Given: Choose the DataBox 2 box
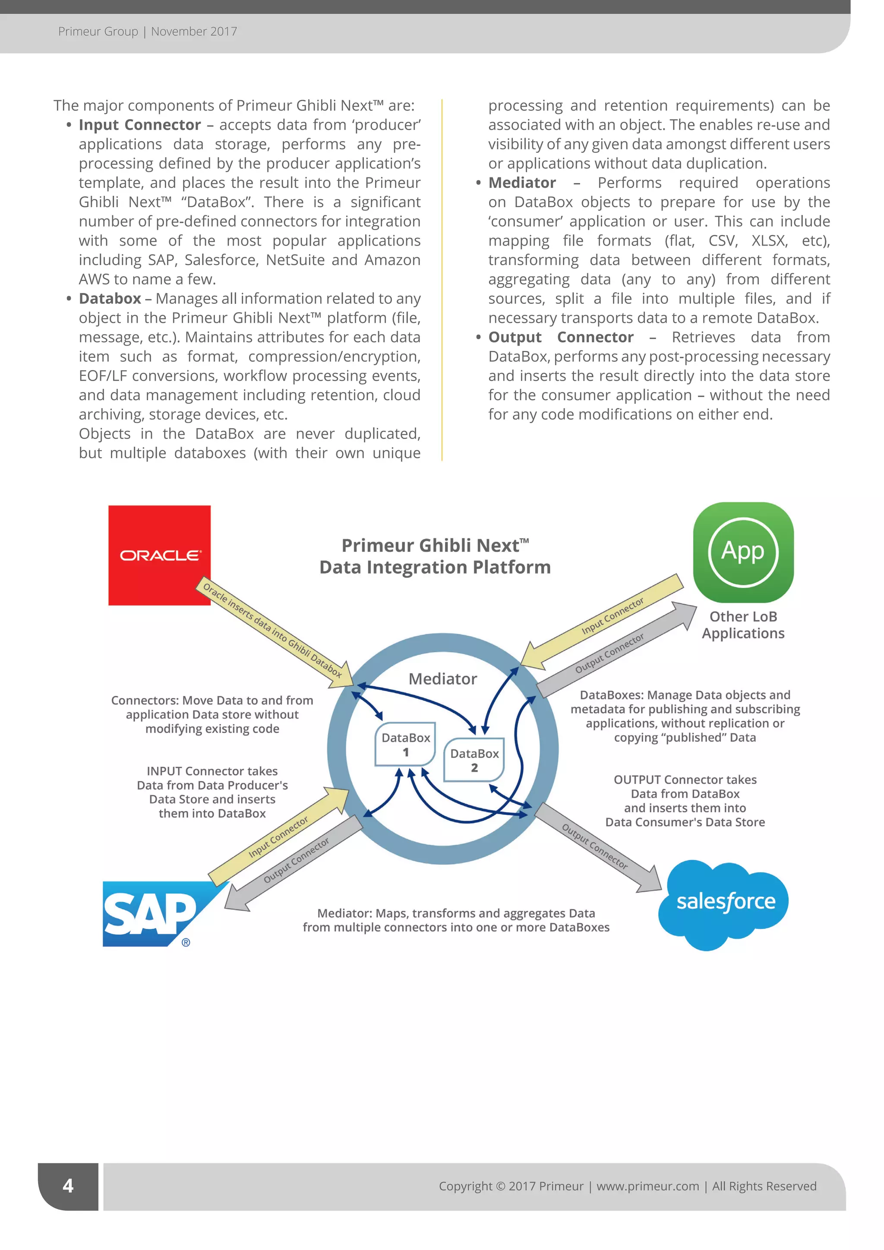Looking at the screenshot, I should click(x=474, y=760).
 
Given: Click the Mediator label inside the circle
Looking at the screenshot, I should click(x=442, y=679).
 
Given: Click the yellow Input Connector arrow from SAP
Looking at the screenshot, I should click(x=279, y=836).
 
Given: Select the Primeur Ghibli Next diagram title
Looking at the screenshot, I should click(x=435, y=556).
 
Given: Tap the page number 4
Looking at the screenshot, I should click(x=68, y=1186).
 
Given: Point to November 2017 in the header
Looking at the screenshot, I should click(x=194, y=32).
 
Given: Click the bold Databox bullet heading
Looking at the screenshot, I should click(x=110, y=298).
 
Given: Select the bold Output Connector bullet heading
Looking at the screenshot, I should click(x=561, y=337).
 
